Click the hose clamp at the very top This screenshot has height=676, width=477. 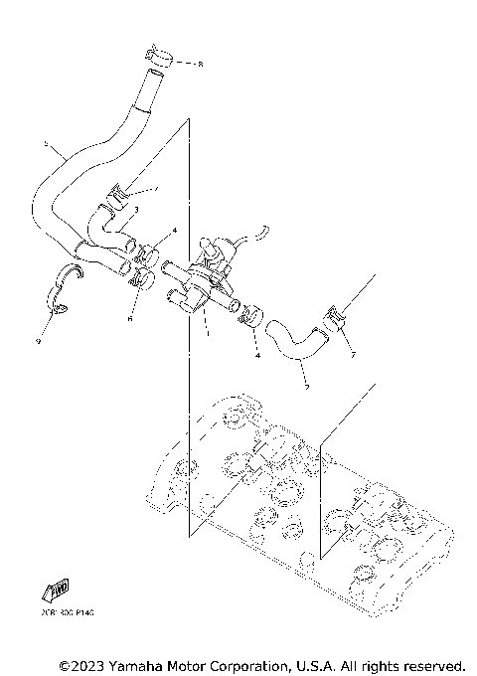[x=159, y=57]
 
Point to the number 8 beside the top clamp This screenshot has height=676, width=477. [x=199, y=65]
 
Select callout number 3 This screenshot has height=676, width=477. [x=135, y=210]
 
